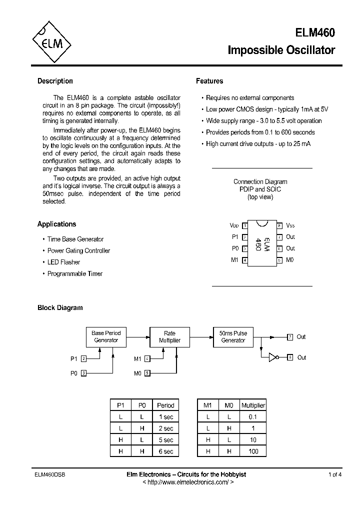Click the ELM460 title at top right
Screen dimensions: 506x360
coord(315,33)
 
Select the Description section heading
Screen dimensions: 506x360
coord(55,81)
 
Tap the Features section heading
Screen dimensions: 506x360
coord(209,81)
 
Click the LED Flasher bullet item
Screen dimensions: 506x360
coord(63,262)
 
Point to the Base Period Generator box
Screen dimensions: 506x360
coord(106,336)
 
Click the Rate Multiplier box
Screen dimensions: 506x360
coord(169,336)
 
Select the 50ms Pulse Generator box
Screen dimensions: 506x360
coord(233,336)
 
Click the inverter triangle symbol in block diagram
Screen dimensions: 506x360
coord(272,357)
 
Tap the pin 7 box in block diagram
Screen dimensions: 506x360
coord(290,337)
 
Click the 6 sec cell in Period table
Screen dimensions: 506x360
coord(165,451)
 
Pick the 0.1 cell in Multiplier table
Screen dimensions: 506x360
coord(253,416)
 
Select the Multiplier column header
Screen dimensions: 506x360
coord(253,405)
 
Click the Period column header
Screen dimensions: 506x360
coord(165,405)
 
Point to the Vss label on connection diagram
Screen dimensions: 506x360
coord(290,225)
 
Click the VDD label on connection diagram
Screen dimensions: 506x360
coord(234,225)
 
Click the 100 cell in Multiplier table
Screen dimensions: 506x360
coord(253,451)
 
